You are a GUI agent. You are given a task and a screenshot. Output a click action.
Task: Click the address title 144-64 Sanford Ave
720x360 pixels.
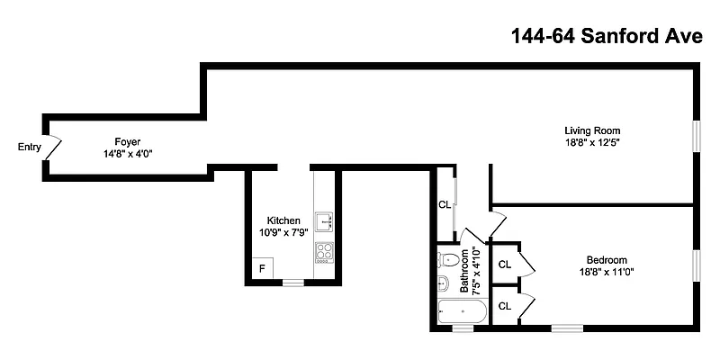(605, 37)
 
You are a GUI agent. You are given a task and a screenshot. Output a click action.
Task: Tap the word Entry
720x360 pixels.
(30, 148)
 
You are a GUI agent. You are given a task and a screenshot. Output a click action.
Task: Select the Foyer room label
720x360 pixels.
(127, 141)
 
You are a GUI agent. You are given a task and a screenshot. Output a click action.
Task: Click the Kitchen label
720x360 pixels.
(283, 220)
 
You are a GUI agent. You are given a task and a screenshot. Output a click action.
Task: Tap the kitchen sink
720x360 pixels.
(324, 220)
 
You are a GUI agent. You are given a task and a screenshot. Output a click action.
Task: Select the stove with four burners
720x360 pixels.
(324, 251)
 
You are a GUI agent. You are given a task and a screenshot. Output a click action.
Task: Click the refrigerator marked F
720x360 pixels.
(262, 268)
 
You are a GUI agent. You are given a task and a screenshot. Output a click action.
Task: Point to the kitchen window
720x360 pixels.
(293, 283)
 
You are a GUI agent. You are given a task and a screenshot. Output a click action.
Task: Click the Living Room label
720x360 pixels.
(592, 130)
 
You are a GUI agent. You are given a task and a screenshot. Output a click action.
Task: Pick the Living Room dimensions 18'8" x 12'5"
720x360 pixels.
(592, 142)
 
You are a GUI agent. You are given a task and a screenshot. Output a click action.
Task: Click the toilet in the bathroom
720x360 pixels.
(448, 260)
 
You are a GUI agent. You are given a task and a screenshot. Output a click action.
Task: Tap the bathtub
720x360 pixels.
(462, 311)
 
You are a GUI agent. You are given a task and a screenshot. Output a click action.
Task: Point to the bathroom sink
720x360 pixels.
(444, 284)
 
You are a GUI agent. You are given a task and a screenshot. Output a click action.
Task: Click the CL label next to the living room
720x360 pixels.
(444, 204)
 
